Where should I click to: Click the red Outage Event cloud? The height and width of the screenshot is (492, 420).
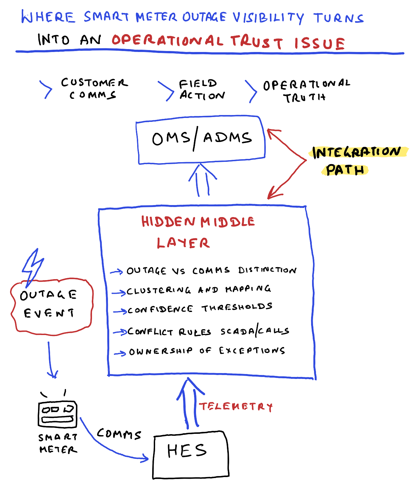pos(51,305)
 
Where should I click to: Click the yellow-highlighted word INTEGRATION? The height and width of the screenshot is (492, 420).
pos(357,152)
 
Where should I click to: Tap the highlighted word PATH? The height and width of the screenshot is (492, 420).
pos(345,170)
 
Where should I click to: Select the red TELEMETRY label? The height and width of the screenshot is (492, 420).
pos(236,407)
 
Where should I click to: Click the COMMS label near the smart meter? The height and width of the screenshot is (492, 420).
pos(119,434)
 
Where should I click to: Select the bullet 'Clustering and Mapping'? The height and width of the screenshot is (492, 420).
pos(198,290)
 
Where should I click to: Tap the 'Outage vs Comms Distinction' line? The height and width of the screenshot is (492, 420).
pos(211,270)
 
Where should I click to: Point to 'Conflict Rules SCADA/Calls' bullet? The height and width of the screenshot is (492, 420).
pos(208,331)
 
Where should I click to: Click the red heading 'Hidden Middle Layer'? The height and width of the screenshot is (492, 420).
pos(198,231)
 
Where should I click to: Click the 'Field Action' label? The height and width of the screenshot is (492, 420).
pos(202,90)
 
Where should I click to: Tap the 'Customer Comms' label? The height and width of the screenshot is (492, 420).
pos(94,88)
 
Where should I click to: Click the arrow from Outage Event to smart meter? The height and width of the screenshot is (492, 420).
pos(50,359)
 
